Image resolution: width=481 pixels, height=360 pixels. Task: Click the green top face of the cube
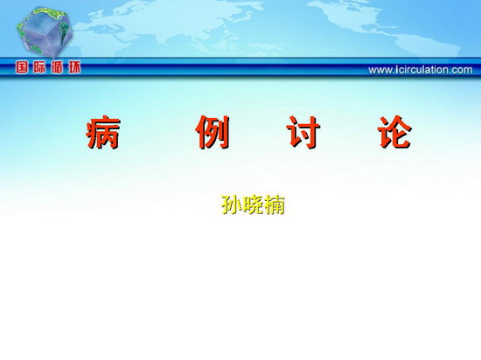tap(49, 16)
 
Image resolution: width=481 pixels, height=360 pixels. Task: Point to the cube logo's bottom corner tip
tap(54, 59)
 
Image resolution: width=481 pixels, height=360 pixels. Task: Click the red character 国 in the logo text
tap(22, 67)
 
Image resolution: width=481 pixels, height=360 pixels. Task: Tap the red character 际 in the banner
tap(39, 67)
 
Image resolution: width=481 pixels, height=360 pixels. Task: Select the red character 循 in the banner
tap(57, 67)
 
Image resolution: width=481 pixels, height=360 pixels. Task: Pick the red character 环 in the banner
tap(74, 67)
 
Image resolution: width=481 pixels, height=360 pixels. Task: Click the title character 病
tap(103, 132)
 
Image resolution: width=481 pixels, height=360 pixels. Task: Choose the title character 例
tap(213, 132)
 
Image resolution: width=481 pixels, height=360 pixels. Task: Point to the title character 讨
tap(303, 132)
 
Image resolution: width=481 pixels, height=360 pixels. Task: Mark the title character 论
tap(394, 132)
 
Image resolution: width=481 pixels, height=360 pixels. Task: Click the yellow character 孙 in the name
tap(232, 204)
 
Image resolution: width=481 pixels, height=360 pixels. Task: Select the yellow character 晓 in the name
tap(253, 204)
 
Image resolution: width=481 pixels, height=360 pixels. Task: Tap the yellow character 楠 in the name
tap(275, 204)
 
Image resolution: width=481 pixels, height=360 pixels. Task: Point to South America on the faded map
tap(429, 46)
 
